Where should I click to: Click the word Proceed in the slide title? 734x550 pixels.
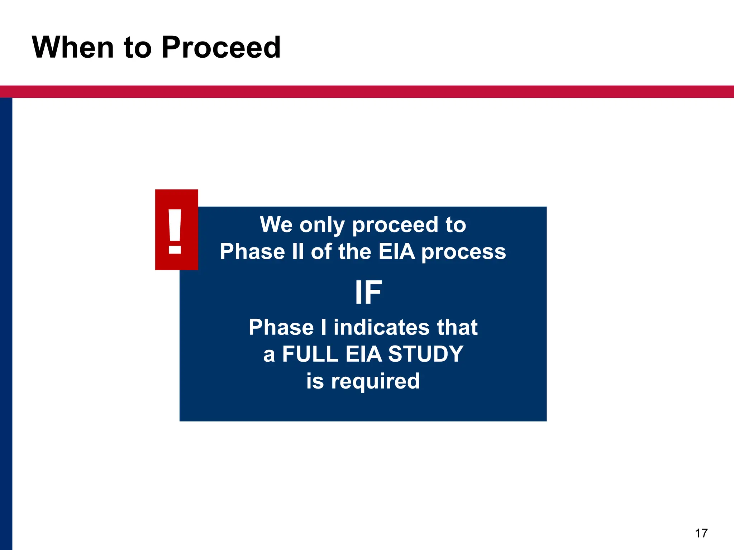(x=221, y=48)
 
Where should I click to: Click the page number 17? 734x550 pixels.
(x=701, y=533)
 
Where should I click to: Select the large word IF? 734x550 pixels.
(x=368, y=293)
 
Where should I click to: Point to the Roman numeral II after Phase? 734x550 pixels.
(x=298, y=251)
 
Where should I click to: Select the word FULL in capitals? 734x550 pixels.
(x=310, y=354)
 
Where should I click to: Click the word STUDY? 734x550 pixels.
(x=426, y=354)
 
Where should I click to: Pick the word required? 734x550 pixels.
(x=375, y=381)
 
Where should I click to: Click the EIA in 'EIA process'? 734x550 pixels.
(x=397, y=251)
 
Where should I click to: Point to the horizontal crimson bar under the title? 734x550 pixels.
(x=367, y=91)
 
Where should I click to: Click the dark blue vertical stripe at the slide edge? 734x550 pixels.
(x=6, y=322)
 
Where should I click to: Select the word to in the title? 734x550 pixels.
(x=138, y=48)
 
